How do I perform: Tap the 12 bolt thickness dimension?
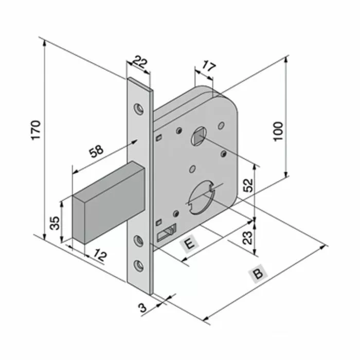(100, 256)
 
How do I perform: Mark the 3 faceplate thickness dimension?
(142, 308)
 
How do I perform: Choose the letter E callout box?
(190, 244)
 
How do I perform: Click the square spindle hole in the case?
(199, 137)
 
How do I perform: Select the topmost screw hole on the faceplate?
(138, 109)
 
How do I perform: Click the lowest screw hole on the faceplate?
(138, 265)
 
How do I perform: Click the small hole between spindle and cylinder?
(192, 168)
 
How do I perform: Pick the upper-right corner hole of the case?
(221, 125)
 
